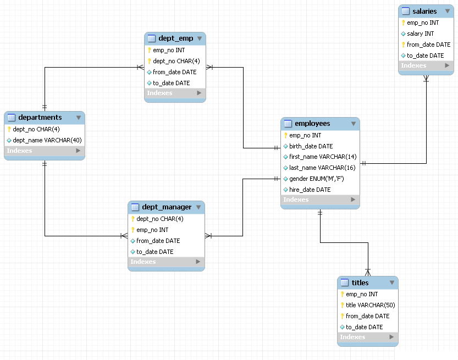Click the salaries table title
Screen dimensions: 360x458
(424, 11)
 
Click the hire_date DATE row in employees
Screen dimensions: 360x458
(310, 190)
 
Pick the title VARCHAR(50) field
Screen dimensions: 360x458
(370, 305)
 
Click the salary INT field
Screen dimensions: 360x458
(420, 34)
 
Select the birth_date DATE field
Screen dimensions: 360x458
(311, 146)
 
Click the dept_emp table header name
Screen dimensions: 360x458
(175, 38)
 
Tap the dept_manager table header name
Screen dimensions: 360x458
(167, 207)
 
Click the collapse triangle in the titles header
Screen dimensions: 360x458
(391, 283)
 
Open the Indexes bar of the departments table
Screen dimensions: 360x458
(44, 151)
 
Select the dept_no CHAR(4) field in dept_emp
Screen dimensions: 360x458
(176, 61)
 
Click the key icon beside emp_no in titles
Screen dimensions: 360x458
(341, 294)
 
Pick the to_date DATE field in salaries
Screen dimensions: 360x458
(425, 56)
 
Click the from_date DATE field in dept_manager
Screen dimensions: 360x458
(158, 241)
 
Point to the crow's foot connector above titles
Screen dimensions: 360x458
(368, 271)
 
